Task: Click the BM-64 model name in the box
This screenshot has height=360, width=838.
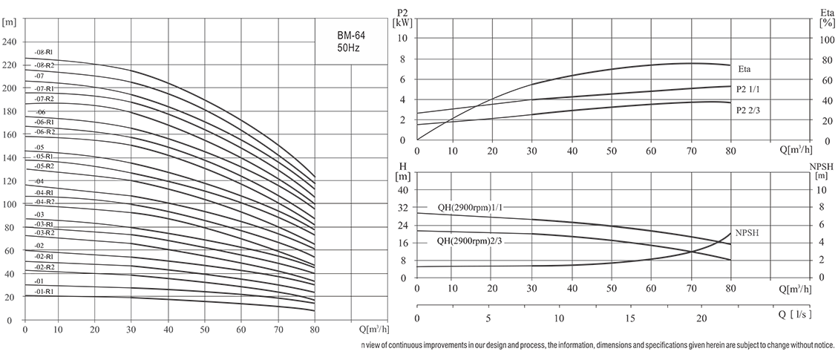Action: (x=350, y=34)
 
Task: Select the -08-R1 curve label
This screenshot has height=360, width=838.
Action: (x=44, y=52)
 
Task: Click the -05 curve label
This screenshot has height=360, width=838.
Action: (x=39, y=148)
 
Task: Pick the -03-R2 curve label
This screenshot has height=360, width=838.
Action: (x=45, y=232)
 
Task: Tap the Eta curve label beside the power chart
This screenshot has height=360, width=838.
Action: (x=745, y=69)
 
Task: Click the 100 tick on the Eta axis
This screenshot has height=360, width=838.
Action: (x=826, y=38)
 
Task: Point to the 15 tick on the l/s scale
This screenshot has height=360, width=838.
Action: (x=631, y=318)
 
